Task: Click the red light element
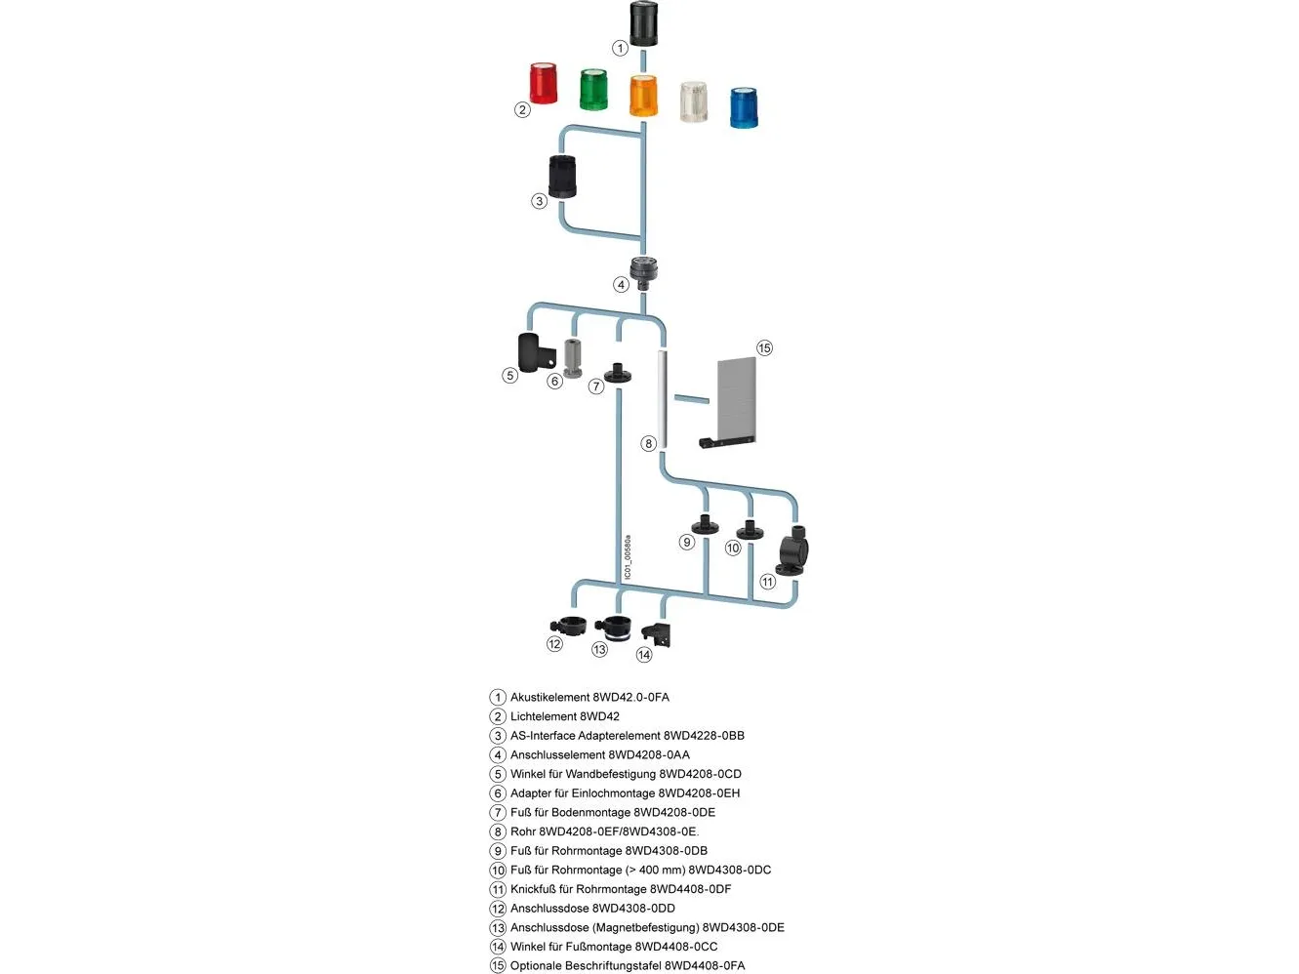pos(544,83)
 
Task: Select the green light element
pos(593,90)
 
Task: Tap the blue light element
pos(744,107)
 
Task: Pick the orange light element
pos(643,96)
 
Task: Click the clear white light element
pos(693,101)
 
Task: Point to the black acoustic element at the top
pos(643,23)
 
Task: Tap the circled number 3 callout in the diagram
pos(539,201)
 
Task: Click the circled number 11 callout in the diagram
pos(768,582)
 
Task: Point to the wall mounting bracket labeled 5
pos(533,352)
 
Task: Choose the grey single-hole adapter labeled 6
pos(573,357)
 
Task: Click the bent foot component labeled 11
pos(793,551)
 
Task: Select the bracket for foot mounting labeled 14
pos(657,633)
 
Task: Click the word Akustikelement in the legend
pos(550,697)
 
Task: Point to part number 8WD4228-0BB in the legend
pos(704,736)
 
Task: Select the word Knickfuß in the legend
pos(533,889)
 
